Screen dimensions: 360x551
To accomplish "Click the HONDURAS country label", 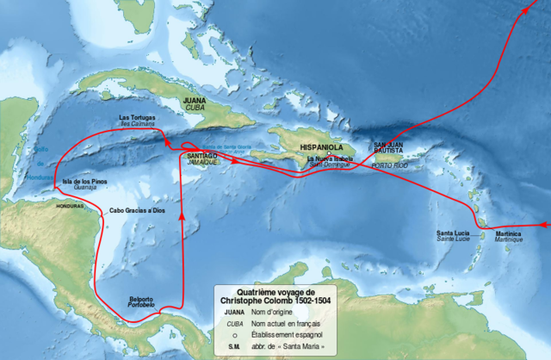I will coord(71,208).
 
